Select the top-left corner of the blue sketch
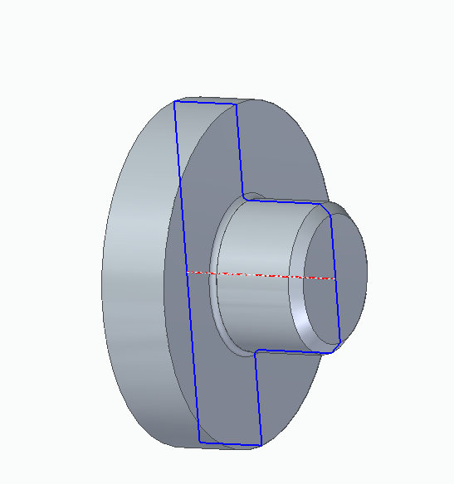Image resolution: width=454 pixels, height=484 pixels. [174, 101]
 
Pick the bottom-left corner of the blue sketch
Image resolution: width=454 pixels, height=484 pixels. [200, 442]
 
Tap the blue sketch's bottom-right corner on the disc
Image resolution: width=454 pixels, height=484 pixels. [261, 445]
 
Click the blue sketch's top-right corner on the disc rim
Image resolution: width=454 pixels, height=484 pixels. [237, 104]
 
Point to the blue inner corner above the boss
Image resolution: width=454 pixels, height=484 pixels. [243, 197]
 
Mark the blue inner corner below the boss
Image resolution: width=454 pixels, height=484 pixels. [254, 351]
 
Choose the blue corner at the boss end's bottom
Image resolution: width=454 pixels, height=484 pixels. [340, 340]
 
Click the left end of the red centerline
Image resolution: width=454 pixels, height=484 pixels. [187, 271]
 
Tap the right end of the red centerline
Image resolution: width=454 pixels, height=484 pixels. [336, 279]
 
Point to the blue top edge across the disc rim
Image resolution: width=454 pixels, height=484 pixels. [206, 102]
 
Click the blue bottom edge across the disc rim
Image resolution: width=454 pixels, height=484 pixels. [231, 443]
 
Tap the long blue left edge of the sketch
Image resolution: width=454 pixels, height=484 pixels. [187, 273]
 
